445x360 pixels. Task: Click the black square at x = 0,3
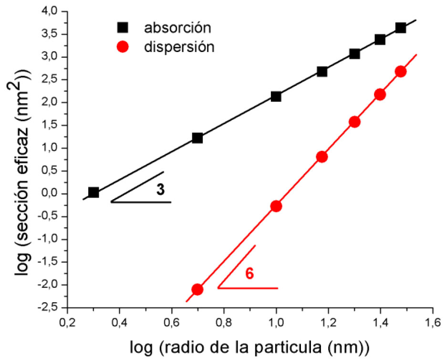pyautogui.click(x=93, y=192)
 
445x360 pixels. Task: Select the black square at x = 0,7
pyautogui.click(x=197, y=138)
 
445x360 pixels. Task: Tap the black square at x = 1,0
pyautogui.click(x=276, y=96)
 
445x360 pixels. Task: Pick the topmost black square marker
pyautogui.click(x=401, y=28)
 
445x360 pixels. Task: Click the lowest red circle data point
pyautogui.click(x=197, y=289)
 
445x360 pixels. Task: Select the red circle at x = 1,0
pyautogui.click(x=276, y=206)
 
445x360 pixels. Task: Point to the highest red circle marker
pyautogui.click(x=401, y=72)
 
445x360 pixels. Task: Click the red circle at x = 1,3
pyautogui.click(x=354, y=122)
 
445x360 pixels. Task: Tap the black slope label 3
pyautogui.click(x=160, y=190)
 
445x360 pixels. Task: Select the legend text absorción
pyautogui.click(x=178, y=27)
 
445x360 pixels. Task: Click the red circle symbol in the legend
pyautogui.click(x=123, y=48)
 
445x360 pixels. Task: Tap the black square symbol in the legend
pyautogui.click(x=123, y=27)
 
